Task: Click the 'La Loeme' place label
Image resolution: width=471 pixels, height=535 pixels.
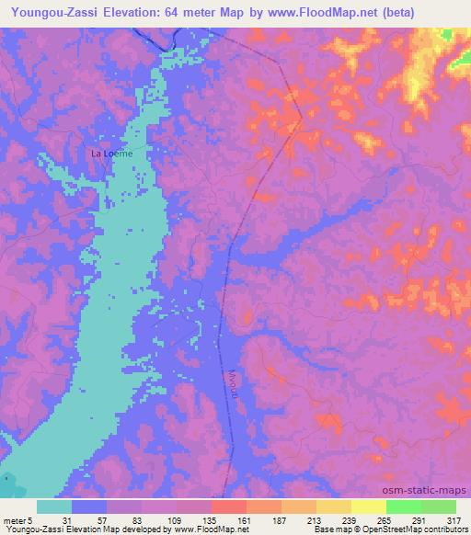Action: point(111,154)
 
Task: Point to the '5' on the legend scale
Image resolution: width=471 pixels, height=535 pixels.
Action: point(31,520)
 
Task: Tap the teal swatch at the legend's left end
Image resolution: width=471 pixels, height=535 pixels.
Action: point(54,507)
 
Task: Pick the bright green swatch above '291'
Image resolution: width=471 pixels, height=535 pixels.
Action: point(403,507)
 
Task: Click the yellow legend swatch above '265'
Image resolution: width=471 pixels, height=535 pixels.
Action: point(368,507)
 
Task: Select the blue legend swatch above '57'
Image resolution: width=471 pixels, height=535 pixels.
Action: point(89,507)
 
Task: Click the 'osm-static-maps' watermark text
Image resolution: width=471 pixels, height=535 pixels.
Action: point(430,492)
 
